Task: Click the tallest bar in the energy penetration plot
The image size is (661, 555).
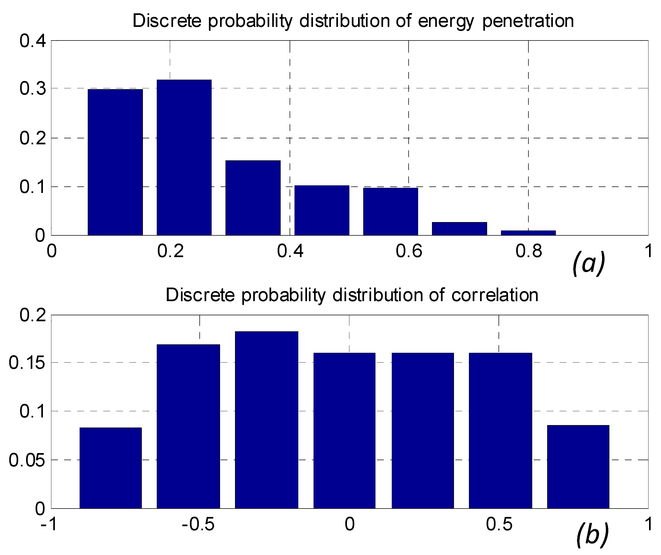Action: (x=184, y=157)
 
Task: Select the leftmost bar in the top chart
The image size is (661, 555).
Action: (x=115, y=162)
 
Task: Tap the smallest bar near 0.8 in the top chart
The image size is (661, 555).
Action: (x=528, y=233)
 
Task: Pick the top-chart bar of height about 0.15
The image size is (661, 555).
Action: (x=253, y=198)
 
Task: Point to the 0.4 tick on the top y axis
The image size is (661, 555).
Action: (x=32, y=41)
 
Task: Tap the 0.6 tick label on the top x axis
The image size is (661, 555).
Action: (x=409, y=251)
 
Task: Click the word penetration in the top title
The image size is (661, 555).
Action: (x=528, y=21)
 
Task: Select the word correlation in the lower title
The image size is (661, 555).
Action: (x=494, y=295)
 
